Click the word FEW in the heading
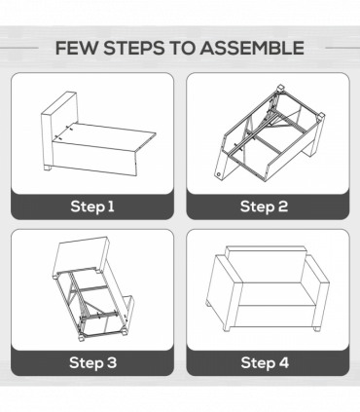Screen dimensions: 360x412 point(76,48)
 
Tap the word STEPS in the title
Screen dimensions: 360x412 point(134,48)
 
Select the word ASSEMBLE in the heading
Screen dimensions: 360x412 point(252,48)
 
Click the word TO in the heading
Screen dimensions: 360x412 point(182,48)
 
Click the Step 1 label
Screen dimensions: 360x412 point(92,206)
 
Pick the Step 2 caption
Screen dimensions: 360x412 point(264,206)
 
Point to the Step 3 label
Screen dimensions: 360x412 point(92,362)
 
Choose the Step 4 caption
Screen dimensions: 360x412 point(265,362)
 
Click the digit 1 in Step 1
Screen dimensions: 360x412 point(111,206)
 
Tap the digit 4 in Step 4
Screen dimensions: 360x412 point(283,362)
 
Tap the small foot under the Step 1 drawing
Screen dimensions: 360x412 point(48,168)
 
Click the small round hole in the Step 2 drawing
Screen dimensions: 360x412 point(219,174)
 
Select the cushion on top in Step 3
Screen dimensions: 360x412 point(81,255)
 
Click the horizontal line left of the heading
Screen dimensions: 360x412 point(19,48)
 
